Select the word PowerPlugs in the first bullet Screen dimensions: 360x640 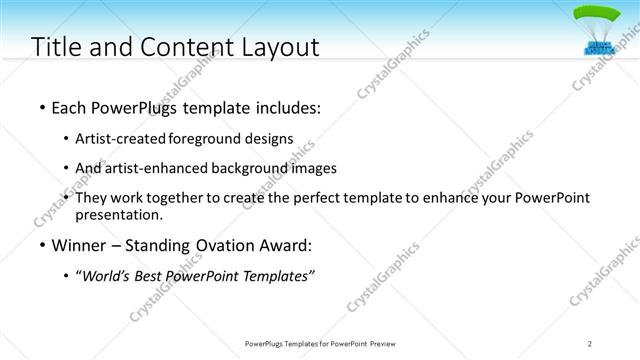click(134, 105)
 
